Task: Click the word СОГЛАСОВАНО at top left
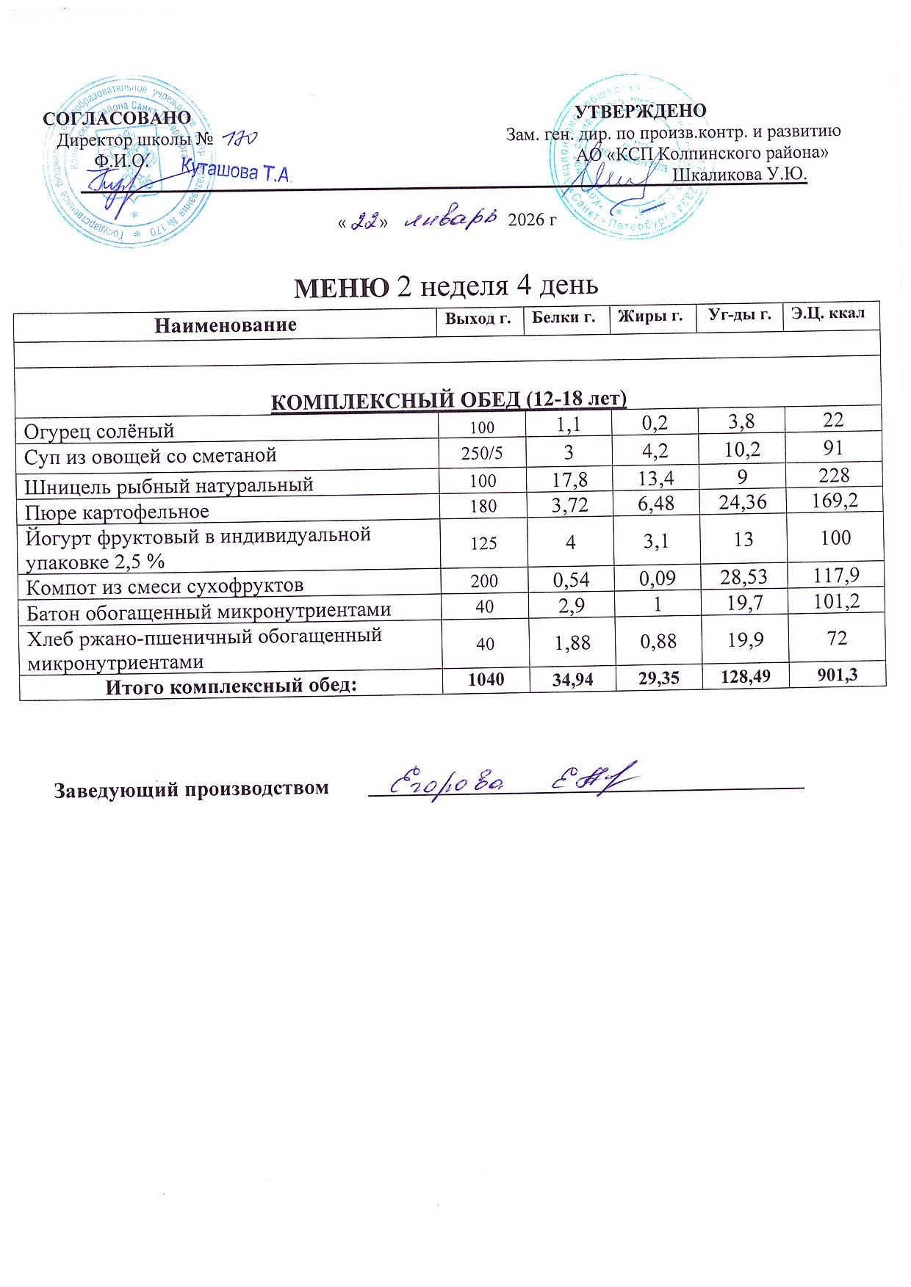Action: (x=117, y=118)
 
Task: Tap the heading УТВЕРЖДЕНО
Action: (x=640, y=111)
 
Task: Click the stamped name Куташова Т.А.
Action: (x=237, y=171)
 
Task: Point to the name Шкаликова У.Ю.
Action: (x=740, y=174)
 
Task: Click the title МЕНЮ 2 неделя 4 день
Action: (x=446, y=286)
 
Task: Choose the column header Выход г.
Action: (x=478, y=319)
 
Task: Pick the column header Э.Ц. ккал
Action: (x=828, y=313)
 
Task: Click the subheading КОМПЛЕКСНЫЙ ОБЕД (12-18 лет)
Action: (x=449, y=400)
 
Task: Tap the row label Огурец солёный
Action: (x=99, y=430)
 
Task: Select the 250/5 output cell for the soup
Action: (x=482, y=453)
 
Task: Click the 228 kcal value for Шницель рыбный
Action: (x=834, y=476)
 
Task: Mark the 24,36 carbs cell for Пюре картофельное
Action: (x=743, y=502)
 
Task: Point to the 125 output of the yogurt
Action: (x=484, y=543)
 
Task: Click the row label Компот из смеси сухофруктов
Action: (x=165, y=586)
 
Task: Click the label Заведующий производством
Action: (x=191, y=789)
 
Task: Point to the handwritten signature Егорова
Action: (x=446, y=783)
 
